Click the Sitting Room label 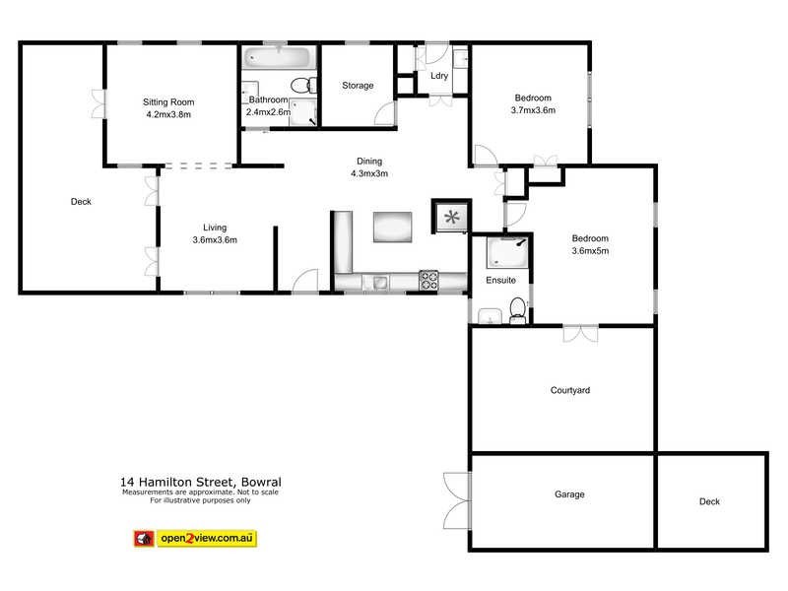[168, 101]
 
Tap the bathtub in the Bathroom [277, 59]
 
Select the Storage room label [358, 86]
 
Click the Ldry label [439, 76]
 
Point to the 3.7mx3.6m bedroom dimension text [533, 110]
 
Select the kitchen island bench [394, 228]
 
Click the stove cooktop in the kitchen [429, 281]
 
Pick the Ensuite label [500, 281]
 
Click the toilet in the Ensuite [517, 310]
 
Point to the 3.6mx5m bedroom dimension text [591, 251]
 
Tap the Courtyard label [569, 391]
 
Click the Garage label [569, 494]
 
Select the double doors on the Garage [455, 499]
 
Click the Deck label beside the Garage [709, 501]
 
